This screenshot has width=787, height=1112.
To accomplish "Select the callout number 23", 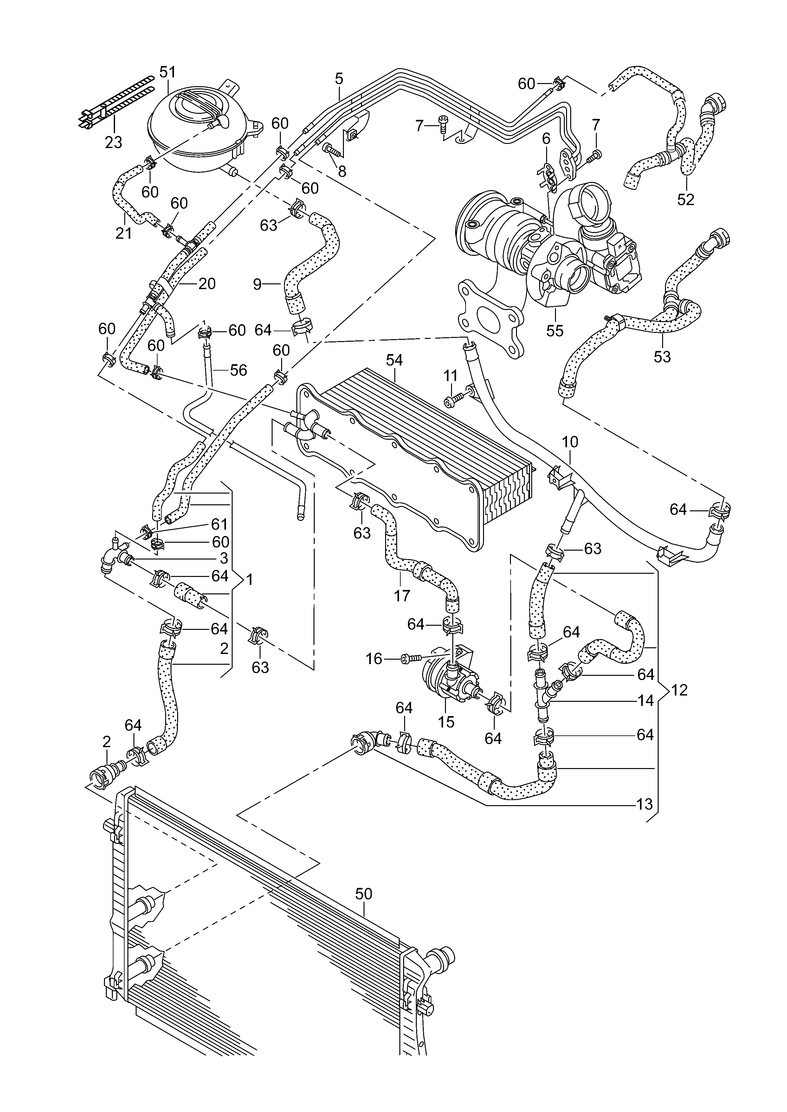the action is (x=113, y=142).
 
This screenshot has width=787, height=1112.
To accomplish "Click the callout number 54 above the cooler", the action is (x=395, y=360).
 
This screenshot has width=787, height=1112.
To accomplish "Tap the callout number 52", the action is (x=686, y=199).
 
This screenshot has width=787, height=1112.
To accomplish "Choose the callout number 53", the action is (x=662, y=357).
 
